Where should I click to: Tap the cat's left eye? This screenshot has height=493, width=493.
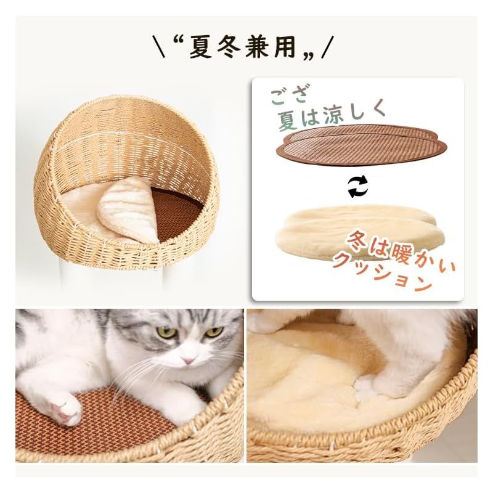coord(166,332)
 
